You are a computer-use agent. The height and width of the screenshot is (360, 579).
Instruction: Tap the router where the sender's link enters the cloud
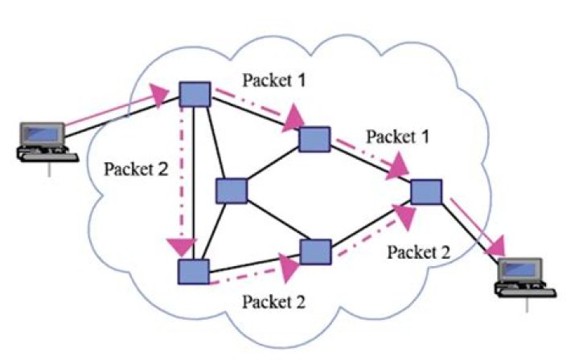194,94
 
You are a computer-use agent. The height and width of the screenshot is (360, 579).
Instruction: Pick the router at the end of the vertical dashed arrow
194,271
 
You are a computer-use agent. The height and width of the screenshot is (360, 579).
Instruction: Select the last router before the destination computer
425,191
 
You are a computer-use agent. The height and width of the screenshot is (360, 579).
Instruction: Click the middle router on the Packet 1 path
314,139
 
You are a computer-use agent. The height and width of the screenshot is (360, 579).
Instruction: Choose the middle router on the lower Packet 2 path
314,250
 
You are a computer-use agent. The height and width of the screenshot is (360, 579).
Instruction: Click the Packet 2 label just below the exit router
417,252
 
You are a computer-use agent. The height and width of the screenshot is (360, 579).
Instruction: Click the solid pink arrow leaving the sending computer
113,112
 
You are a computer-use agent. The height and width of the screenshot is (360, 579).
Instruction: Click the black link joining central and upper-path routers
273,166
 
